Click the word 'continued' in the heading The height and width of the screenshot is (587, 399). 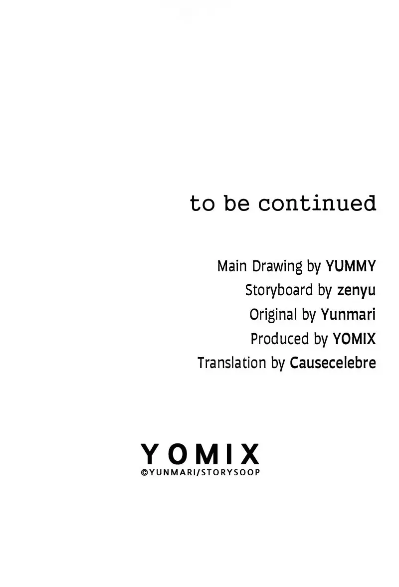click(x=317, y=203)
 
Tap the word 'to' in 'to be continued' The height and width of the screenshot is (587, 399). click(x=202, y=204)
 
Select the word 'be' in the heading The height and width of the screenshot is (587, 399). click(x=236, y=203)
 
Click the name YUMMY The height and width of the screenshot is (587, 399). click(x=351, y=266)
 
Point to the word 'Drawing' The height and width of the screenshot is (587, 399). click(x=277, y=267)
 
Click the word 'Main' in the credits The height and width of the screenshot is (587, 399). click(x=232, y=266)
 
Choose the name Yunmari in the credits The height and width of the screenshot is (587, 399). click(x=348, y=315)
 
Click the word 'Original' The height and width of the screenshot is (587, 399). click(x=273, y=315)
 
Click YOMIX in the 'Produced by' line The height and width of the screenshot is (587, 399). click(x=354, y=339)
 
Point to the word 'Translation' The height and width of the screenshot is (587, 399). click(x=232, y=363)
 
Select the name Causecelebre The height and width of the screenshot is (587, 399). click(x=333, y=363)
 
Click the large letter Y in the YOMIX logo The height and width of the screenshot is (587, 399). click(x=150, y=454)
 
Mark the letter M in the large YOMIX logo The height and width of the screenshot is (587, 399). click(x=206, y=454)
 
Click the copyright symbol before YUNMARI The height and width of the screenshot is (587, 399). click(x=145, y=473)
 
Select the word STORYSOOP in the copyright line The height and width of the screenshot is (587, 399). click(x=231, y=472)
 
